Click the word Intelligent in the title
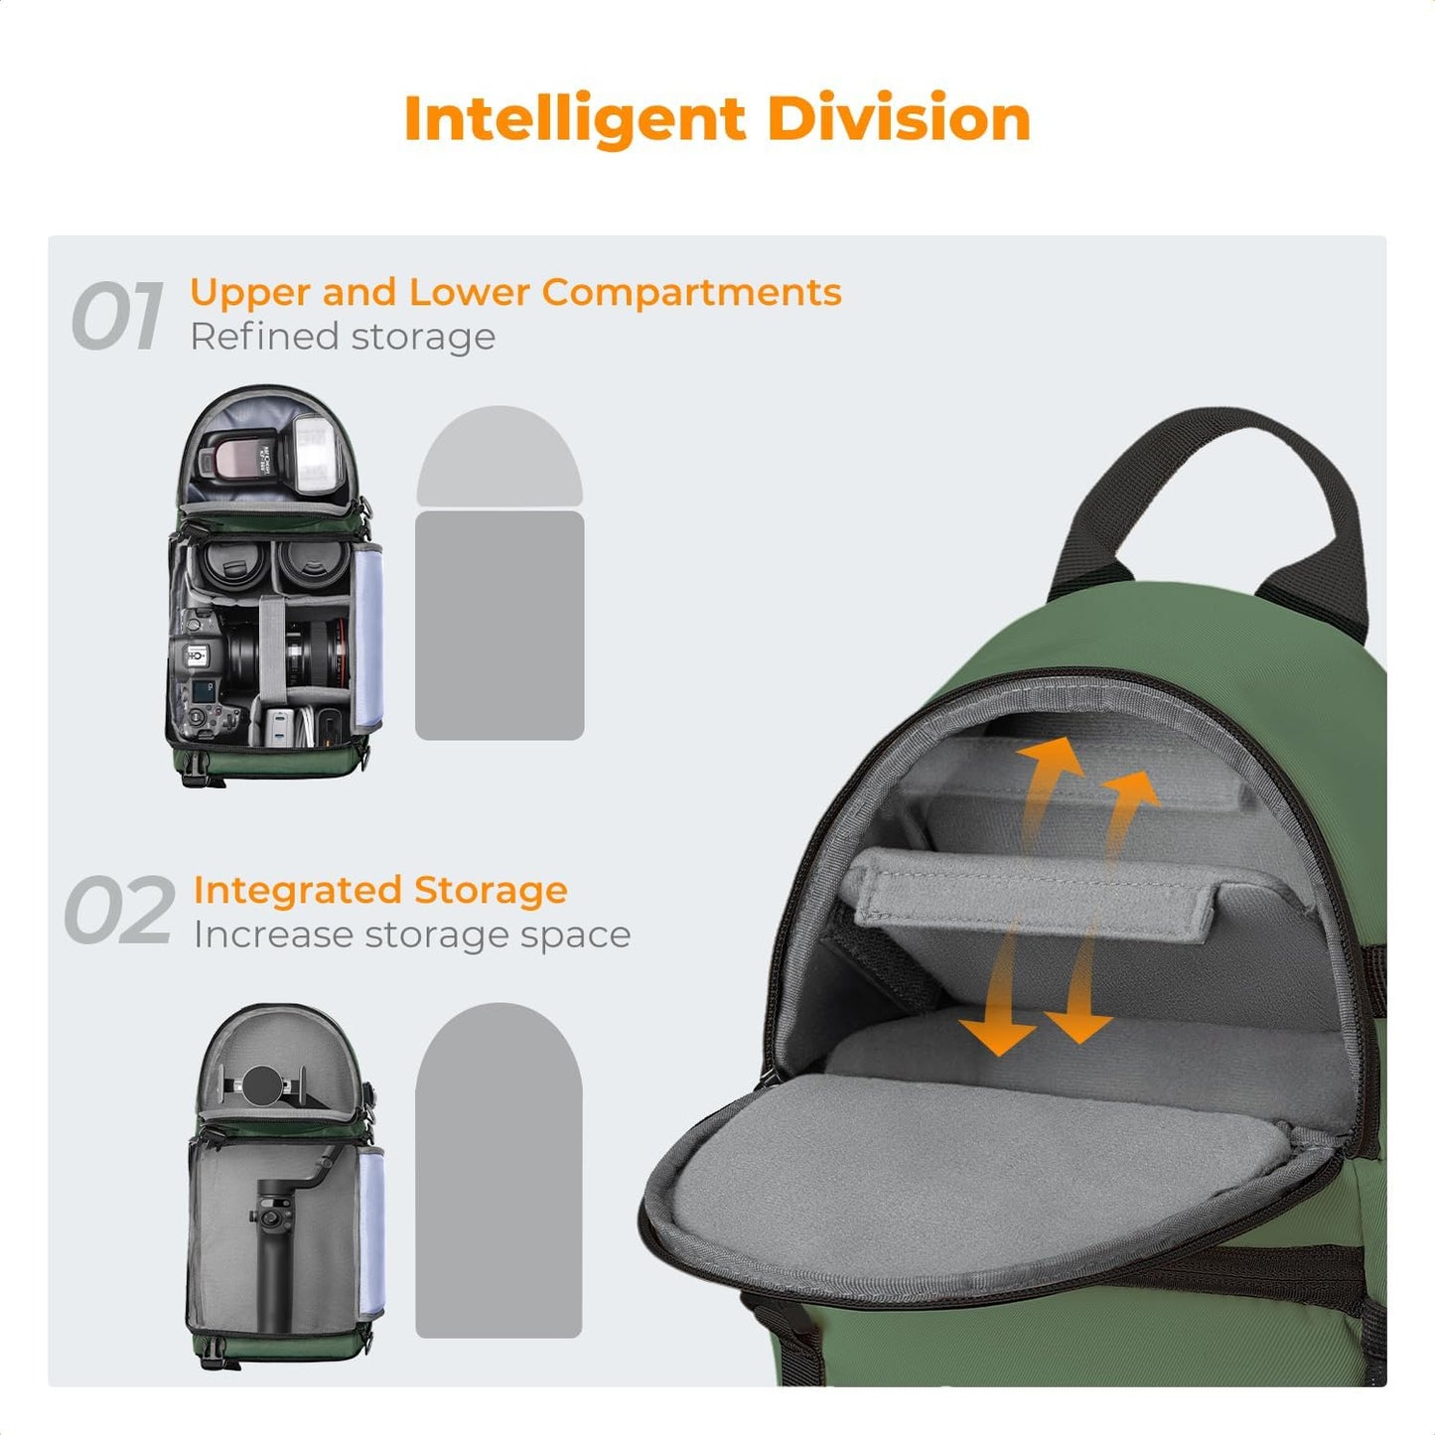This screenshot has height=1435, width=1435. click(575, 119)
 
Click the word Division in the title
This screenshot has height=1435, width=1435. click(898, 119)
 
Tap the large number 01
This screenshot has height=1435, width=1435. click(117, 316)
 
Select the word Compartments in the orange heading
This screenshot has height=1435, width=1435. click(691, 292)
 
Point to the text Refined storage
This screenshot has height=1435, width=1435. click(343, 337)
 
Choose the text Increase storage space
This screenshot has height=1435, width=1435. click(411, 934)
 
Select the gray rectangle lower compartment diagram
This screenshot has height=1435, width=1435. click(499, 626)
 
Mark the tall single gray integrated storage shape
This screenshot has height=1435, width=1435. click(499, 1172)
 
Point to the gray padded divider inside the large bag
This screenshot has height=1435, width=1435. click(1033, 894)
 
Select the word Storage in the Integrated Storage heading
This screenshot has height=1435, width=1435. click(491, 890)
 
